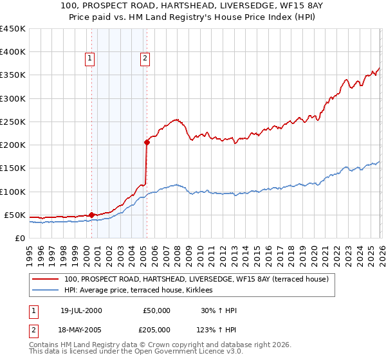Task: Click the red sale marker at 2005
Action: (x=147, y=143)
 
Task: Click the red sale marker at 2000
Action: (x=91, y=215)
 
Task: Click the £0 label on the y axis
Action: (x=19, y=238)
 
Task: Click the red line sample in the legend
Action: (x=46, y=279)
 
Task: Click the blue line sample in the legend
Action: (x=46, y=290)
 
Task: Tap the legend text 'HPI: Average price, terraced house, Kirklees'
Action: (x=143, y=290)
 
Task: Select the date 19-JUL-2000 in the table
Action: (x=81, y=310)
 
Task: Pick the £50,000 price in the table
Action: (x=156, y=310)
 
